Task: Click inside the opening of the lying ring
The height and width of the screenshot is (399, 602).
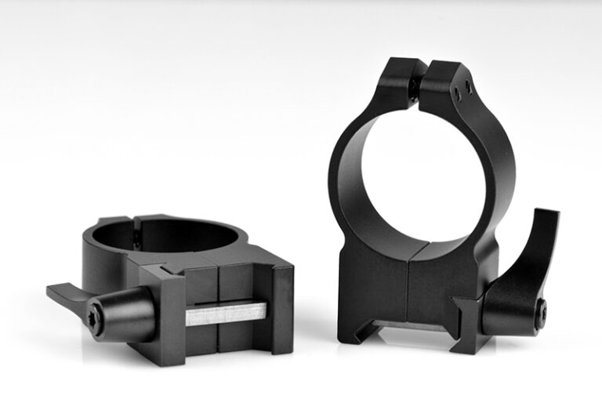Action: pyautogui.click(x=161, y=235)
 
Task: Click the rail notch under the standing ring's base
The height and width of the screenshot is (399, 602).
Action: pyautogui.click(x=400, y=326)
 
